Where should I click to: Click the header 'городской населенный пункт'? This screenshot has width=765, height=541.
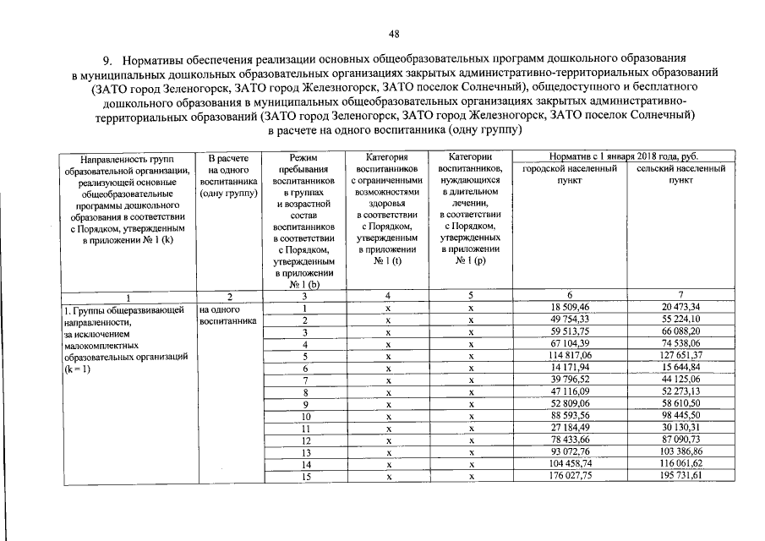[569, 174]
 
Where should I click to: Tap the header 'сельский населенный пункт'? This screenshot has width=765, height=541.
[680, 174]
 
